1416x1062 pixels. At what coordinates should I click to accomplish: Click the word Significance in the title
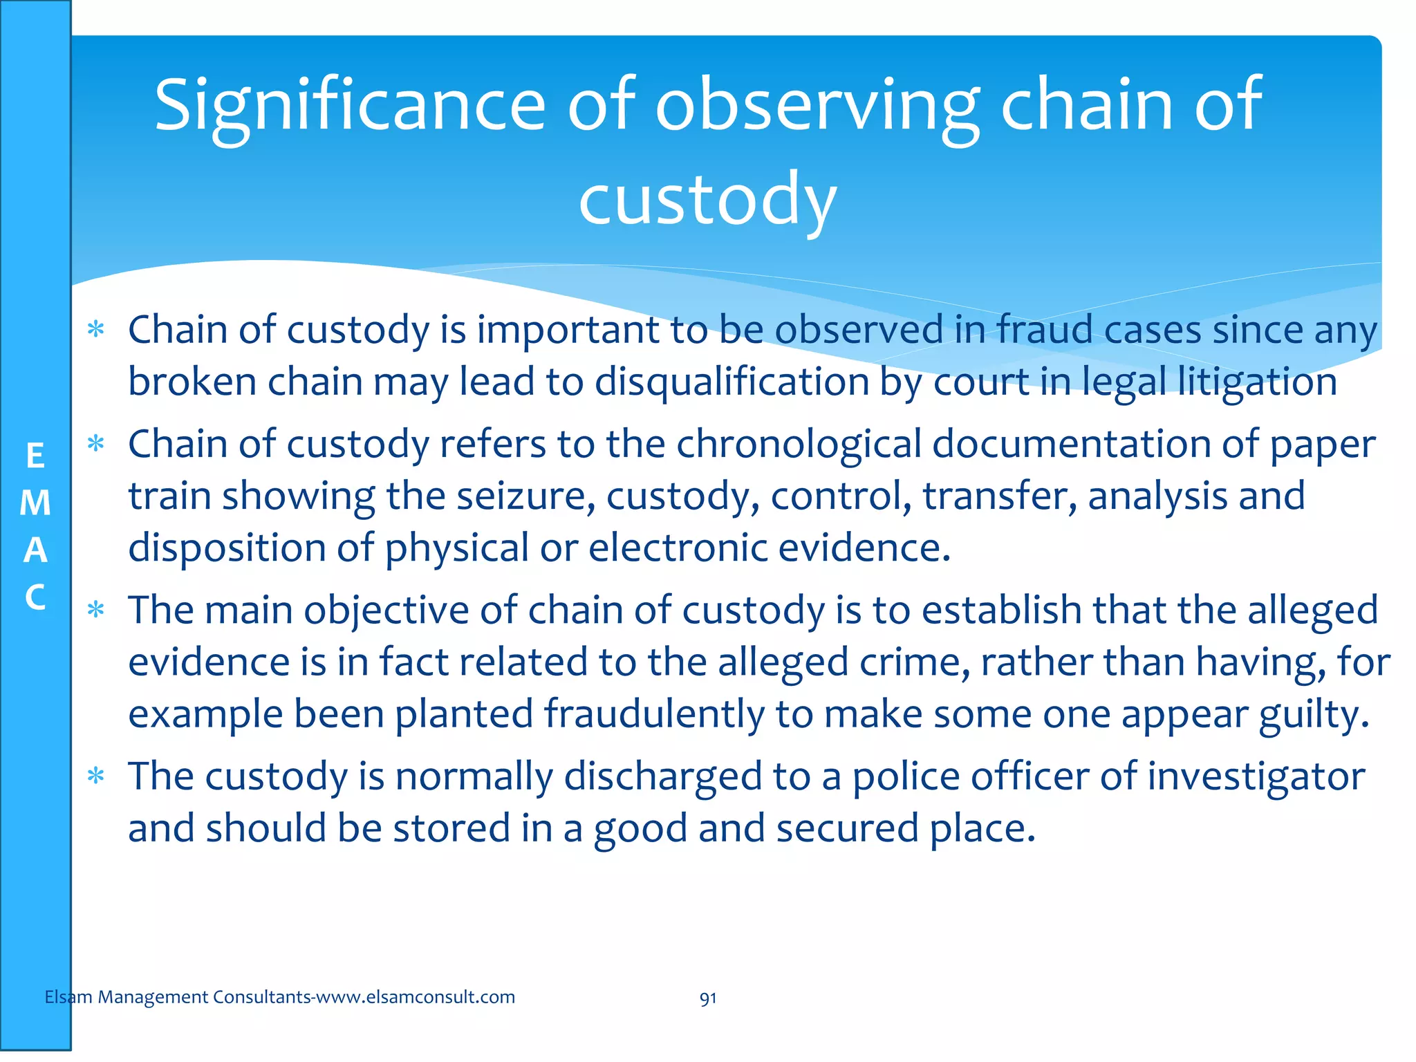click(x=349, y=106)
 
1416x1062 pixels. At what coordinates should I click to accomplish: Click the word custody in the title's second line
click(x=707, y=200)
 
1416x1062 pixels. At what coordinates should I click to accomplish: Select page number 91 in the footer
click(x=707, y=998)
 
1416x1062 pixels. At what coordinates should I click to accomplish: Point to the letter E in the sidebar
click(x=35, y=456)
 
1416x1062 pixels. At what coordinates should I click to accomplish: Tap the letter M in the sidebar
click(x=35, y=503)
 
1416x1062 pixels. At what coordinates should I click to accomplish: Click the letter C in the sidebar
click(x=35, y=597)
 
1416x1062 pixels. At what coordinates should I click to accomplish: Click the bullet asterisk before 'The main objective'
click(x=96, y=611)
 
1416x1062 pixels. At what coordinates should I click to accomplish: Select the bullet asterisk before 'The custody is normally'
click(x=96, y=777)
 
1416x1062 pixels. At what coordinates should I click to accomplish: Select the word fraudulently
click(x=653, y=714)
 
